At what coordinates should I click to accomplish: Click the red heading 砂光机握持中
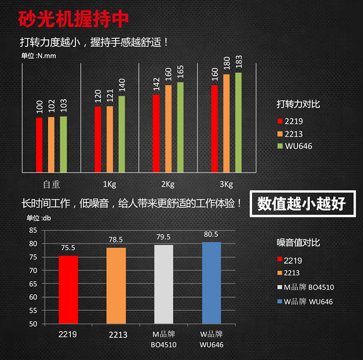coord(74,19)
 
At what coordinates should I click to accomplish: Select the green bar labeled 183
coord(238,122)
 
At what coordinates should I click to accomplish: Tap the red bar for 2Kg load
coord(156,133)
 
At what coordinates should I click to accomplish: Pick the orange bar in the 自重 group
coord(51,144)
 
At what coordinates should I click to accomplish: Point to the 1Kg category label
coord(110,185)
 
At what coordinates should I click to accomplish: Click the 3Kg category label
coord(226,185)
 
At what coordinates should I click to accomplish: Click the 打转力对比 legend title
coord(298,104)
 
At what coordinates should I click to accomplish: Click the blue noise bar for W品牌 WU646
coord(211,283)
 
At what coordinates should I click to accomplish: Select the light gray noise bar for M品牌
coord(164,284)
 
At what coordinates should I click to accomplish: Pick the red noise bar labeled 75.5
coord(68,290)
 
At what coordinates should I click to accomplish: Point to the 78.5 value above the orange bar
coord(116,239)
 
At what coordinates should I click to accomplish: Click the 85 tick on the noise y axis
coord(33,230)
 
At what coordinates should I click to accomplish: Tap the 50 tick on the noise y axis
coord(33,324)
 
